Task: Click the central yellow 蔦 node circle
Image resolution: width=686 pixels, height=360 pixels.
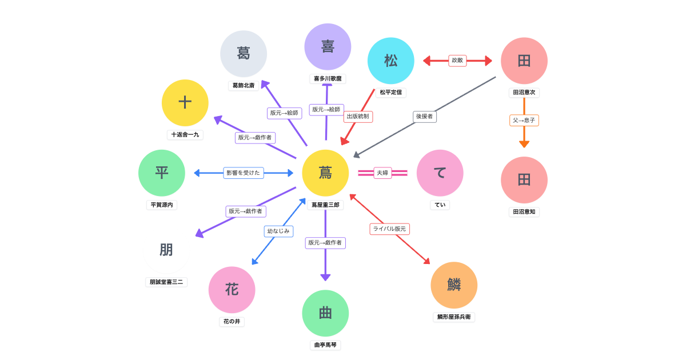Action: point(325,173)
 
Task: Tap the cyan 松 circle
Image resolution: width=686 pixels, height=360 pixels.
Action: point(391,61)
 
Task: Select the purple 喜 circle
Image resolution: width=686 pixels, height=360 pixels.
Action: point(328,46)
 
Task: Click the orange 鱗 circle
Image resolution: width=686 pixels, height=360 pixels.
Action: point(454,285)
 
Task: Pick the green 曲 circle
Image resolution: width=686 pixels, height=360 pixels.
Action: point(325,313)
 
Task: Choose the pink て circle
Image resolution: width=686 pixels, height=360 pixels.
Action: point(440,173)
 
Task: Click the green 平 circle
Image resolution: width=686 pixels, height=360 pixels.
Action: point(162,173)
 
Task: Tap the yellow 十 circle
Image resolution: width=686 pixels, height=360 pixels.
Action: point(185,102)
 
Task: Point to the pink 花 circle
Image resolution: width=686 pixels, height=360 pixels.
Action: point(232,289)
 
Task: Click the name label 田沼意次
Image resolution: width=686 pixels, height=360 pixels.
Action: point(524,93)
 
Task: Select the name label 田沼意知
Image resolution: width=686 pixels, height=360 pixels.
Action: point(524,211)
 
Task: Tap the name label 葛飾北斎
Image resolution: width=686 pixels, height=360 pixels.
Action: point(244,85)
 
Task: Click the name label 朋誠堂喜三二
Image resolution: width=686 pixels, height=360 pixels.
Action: point(166,282)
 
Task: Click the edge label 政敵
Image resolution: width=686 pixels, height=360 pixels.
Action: point(457,61)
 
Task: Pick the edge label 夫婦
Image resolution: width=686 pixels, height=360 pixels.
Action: point(382,173)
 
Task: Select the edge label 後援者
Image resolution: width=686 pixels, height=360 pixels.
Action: point(425,117)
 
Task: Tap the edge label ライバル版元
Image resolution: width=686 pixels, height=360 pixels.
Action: point(389,229)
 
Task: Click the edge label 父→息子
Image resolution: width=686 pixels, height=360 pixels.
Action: point(524,121)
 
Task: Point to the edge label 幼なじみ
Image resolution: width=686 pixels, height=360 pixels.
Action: point(278,231)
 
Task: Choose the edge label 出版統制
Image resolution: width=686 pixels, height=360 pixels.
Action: point(358,117)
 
